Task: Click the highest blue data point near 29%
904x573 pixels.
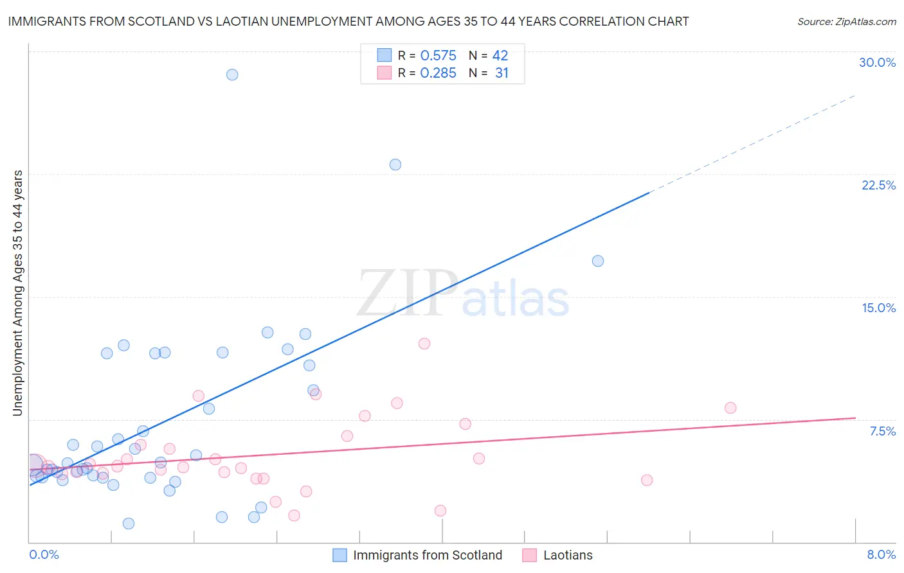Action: point(232,75)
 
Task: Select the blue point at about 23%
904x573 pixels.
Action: point(395,164)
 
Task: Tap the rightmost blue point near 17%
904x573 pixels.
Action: point(598,261)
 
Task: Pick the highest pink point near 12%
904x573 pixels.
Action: point(424,344)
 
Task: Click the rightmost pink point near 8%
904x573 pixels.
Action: point(730,408)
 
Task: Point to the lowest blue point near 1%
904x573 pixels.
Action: point(129,524)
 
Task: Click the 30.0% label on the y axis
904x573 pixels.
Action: point(877,62)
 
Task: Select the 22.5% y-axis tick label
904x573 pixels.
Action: point(878,185)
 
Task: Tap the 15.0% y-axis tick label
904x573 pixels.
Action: point(878,308)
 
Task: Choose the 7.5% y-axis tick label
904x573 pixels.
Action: point(882,431)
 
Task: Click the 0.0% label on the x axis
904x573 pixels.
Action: point(44,554)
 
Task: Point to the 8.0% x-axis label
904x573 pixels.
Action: point(881,554)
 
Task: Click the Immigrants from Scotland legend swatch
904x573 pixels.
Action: point(340,555)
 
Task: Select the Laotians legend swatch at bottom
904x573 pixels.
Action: point(530,555)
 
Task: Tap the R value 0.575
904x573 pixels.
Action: point(438,56)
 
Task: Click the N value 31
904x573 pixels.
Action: point(502,73)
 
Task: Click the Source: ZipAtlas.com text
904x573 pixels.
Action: point(846,22)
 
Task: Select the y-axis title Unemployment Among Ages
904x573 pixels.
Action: point(17,292)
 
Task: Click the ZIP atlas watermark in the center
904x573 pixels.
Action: point(463,294)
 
